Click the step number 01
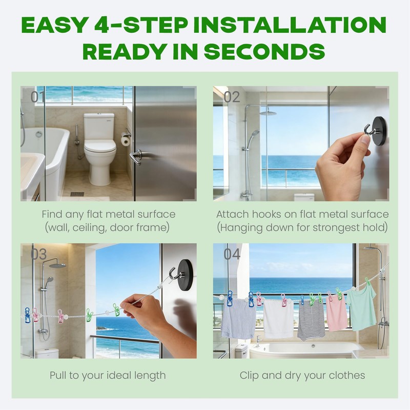(37, 97)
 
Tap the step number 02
(232, 97)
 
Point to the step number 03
(39, 254)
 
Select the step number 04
(232, 254)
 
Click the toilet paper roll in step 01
(126, 139)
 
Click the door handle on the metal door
(136, 157)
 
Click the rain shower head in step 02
(269, 113)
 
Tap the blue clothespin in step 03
(28, 315)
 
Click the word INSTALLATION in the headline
(290, 25)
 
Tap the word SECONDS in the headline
(264, 51)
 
